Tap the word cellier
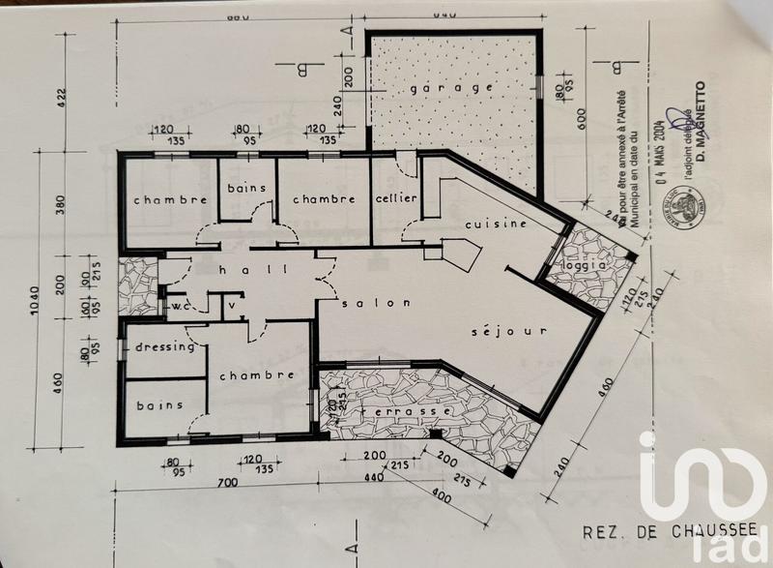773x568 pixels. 396,198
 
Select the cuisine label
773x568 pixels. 496,224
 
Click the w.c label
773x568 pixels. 180,306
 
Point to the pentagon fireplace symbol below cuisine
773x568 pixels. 463,255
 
